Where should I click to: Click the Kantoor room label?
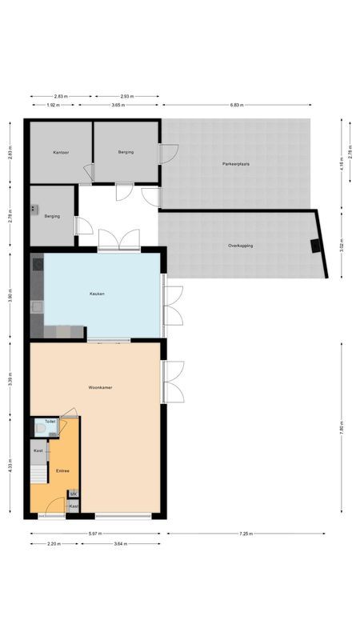click(x=61, y=152)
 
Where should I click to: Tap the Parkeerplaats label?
click(x=236, y=163)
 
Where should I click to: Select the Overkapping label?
click(x=240, y=246)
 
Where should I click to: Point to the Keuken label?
click(x=97, y=294)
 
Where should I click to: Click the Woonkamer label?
click(x=100, y=387)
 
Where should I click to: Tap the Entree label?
click(x=62, y=470)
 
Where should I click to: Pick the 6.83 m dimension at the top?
click(x=235, y=105)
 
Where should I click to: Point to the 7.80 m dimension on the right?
click(x=342, y=428)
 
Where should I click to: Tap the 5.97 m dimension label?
click(x=94, y=534)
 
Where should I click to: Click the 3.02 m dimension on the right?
click(x=342, y=245)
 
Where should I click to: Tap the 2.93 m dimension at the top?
click(x=127, y=95)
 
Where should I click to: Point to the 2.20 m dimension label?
click(x=54, y=543)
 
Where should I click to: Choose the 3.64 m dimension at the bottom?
click(x=120, y=543)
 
